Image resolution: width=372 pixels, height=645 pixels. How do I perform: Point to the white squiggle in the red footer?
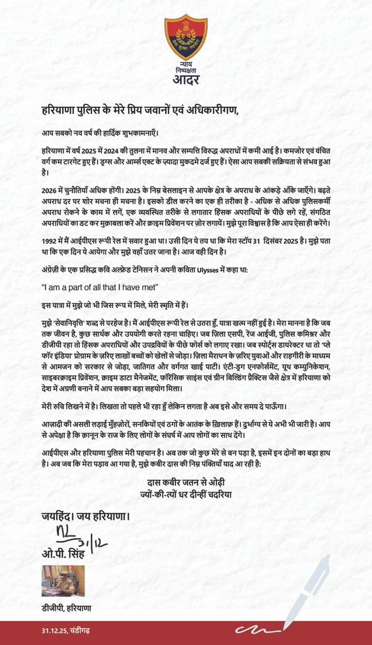(259, 630)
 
